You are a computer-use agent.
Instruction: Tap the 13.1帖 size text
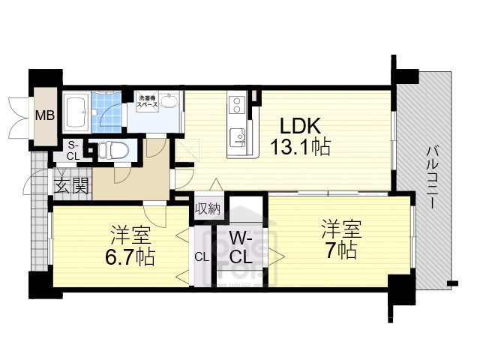300,148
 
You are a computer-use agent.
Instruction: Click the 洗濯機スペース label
147,103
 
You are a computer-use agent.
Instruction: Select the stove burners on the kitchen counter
237,103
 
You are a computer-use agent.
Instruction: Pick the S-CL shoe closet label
73,150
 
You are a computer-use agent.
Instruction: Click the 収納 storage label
208,208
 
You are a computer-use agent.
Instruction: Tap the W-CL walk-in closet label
241,248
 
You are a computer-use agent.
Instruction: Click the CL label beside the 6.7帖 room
202,256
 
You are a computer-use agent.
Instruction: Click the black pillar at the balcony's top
406,76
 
